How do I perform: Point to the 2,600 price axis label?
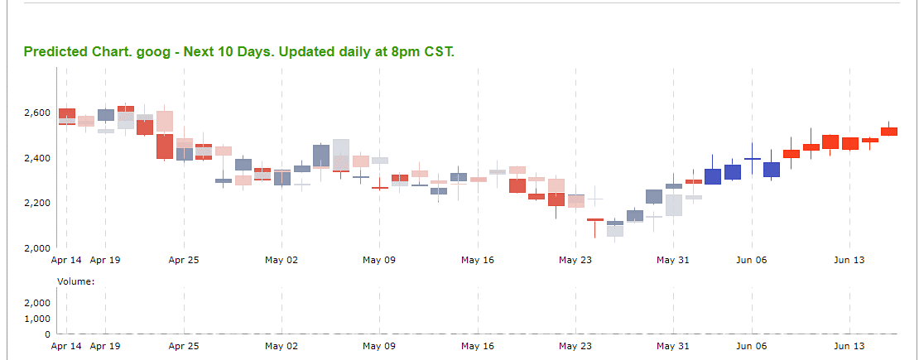pos(38,113)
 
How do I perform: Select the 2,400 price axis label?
pos(38,158)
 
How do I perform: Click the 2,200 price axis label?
pos(38,203)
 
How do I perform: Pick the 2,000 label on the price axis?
pos(38,248)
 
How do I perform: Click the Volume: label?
pos(76,281)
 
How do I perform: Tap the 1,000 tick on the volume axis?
pos(38,319)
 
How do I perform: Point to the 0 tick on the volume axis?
pos(48,334)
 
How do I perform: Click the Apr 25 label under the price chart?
pos(184,260)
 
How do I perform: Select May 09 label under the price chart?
pos(379,260)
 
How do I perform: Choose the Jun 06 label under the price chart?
pos(752,260)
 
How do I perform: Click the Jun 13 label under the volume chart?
pos(849,347)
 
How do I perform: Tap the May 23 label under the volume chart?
pos(575,347)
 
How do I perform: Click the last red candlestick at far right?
pos(889,132)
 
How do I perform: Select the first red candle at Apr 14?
pos(67,116)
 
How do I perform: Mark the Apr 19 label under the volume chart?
pos(105,347)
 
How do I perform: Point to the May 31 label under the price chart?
pos(673,260)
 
